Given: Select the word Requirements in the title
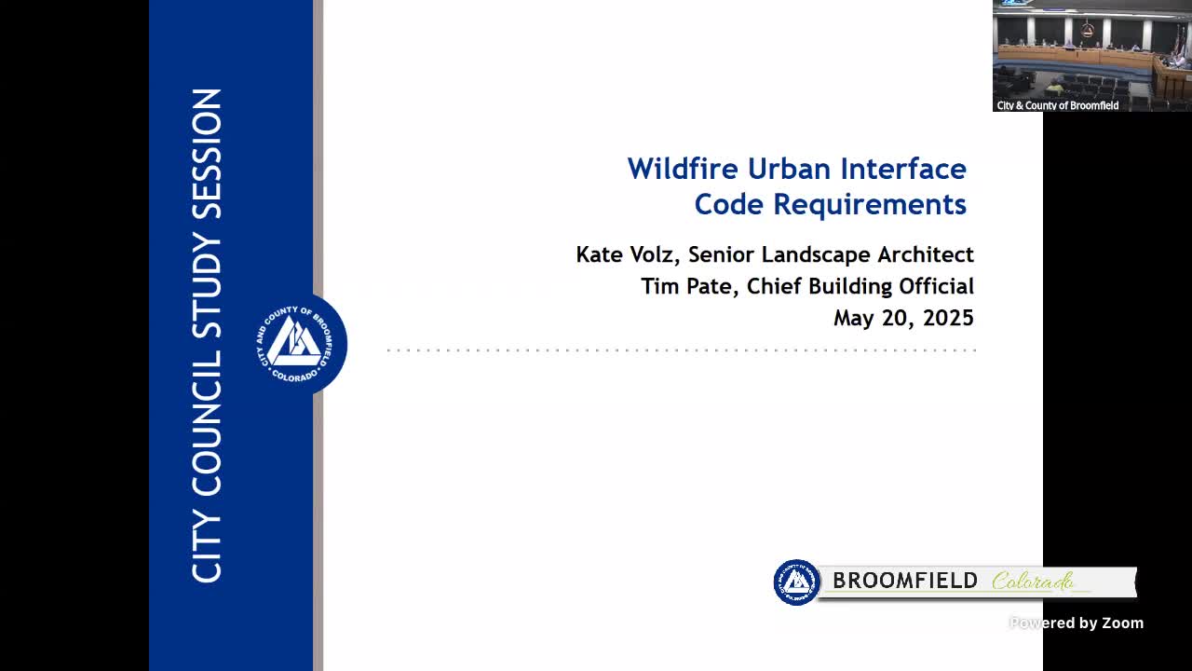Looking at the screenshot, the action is pos(870,204).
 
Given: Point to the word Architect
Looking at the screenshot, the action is pos(926,254).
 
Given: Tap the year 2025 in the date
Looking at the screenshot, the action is pos(948,318).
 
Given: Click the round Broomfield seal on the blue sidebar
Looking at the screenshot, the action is pos(297,344).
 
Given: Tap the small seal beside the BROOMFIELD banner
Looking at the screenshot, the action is pos(796,582).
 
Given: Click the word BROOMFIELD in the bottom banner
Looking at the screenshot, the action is pos(905,581).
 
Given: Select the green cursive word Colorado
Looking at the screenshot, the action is pos(1033,581).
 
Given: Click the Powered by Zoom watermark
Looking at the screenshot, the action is pos(1077,623).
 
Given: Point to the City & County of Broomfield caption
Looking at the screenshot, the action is pos(1058,105).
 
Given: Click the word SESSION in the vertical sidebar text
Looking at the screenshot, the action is pos(207,154).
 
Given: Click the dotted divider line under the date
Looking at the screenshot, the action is pos(682,350).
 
